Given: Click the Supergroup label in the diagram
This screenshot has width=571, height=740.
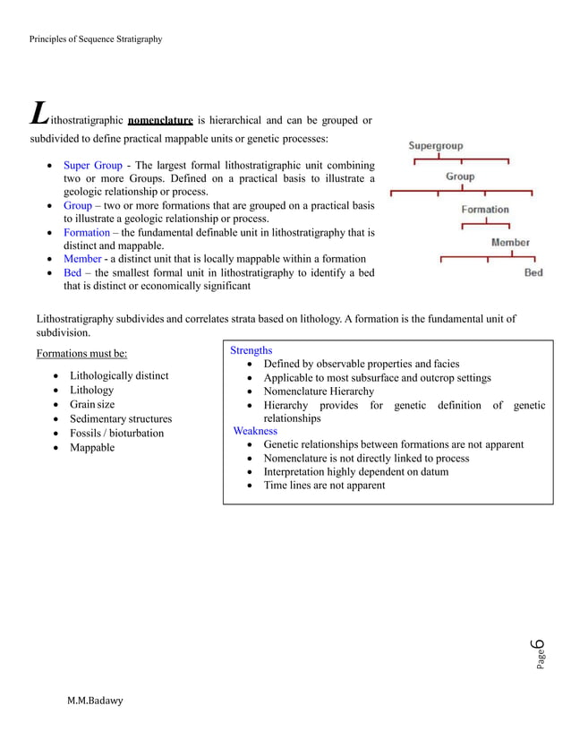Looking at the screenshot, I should [x=436, y=146].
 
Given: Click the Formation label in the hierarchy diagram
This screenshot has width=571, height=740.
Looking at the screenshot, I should [x=484, y=210].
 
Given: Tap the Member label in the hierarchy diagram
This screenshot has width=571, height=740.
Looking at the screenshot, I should [x=510, y=243].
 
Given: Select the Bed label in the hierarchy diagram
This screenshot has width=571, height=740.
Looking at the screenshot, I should [x=533, y=273].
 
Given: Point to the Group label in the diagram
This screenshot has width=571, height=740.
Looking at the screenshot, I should [x=460, y=177].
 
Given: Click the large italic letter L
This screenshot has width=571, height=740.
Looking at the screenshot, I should [x=38, y=114].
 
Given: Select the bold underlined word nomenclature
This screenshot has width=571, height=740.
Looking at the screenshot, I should [x=161, y=120].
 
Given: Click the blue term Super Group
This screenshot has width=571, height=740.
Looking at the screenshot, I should [x=92, y=166].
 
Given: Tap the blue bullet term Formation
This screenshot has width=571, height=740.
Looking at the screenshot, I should [x=86, y=232].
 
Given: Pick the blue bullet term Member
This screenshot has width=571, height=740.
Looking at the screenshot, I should [x=82, y=259].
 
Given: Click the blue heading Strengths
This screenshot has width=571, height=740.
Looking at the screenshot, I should [x=251, y=350].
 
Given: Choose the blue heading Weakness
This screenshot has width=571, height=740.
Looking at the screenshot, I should [x=255, y=431].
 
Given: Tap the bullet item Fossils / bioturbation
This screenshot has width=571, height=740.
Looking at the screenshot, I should [x=116, y=434].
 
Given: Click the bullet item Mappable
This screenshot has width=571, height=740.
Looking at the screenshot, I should [x=92, y=448].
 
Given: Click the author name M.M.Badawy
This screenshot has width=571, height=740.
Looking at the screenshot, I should [x=95, y=700].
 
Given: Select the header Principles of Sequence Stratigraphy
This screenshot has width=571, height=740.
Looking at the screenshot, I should [x=96, y=39].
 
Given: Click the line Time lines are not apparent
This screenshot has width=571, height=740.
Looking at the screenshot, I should [x=324, y=486].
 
